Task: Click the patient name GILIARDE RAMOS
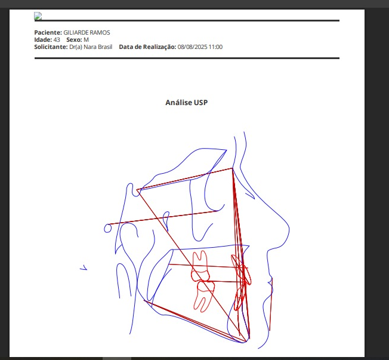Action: (x=87, y=32)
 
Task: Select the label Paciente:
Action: (x=48, y=32)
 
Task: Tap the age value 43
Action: (x=57, y=40)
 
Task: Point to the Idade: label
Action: (x=43, y=40)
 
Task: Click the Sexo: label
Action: (x=74, y=40)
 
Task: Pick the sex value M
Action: (x=86, y=40)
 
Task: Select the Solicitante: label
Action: (x=51, y=47)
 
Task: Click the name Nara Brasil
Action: (x=98, y=47)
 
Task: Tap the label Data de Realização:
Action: (x=147, y=47)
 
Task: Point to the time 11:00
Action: (x=215, y=47)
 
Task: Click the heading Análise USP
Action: (x=187, y=103)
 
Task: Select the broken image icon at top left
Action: (x=38, y=16)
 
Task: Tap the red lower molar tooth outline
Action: (x=205, y=296)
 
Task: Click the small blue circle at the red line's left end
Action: (x=107, y=228)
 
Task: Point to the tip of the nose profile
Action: (x=289, y=229)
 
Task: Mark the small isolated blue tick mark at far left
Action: (x=84, y=267)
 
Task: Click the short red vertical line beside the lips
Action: (x=271, y=304)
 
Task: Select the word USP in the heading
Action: (x=200, y=103)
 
